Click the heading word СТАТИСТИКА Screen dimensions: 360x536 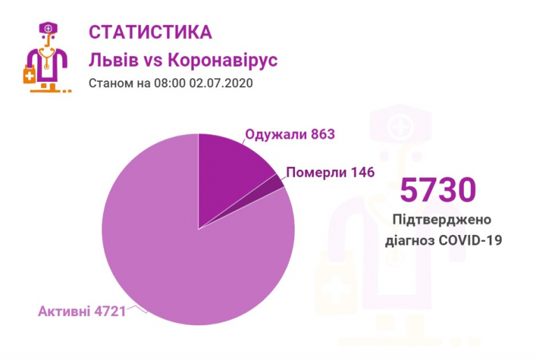click(150, 32)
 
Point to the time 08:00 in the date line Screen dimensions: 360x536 click(161, 83)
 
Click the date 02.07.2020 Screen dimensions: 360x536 click(220, 83)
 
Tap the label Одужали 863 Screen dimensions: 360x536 click(285, 134)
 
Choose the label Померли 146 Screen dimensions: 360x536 click(331, 172)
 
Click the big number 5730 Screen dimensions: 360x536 click(437, 189)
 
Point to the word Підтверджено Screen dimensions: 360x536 click(442, 220)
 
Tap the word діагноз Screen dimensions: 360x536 click(410, 240)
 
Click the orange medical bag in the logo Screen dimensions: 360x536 click(29, 74)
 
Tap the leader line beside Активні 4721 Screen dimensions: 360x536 click(137, 308)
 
